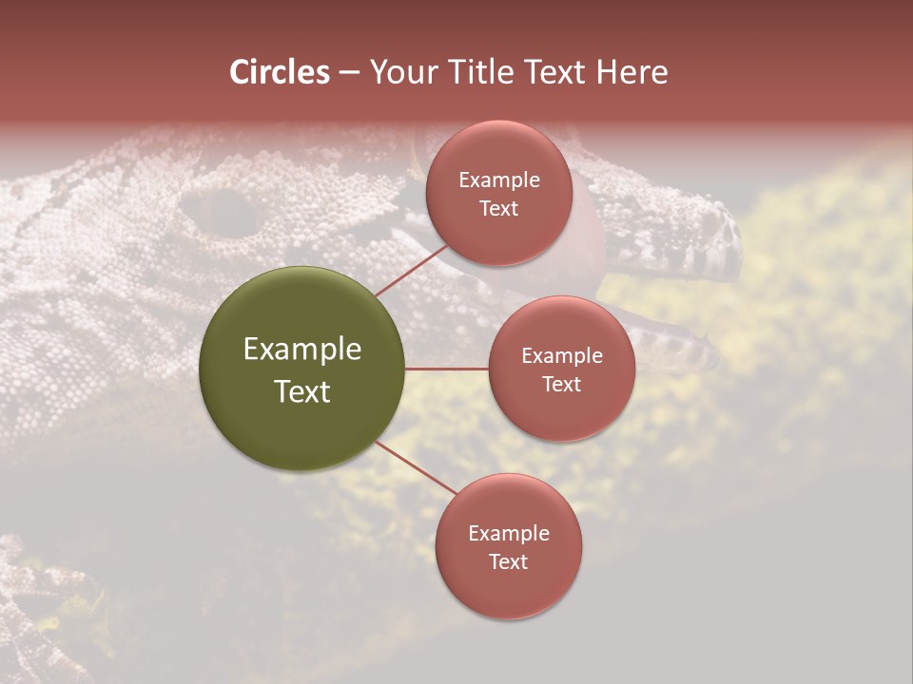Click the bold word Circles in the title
click(280, 72)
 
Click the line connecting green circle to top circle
click(411, 270)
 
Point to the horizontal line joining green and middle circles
click(446, 369)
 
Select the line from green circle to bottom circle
click(416, 469)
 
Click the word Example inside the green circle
click(302, 350)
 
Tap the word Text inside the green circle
click(302, 391)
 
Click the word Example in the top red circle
click(499, 180)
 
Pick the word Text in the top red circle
click(499, 208)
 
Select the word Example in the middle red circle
click(561, 356)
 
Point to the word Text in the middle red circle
click(561, 384)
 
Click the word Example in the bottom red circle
click(508, 534)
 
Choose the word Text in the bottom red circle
click(508, 561)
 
